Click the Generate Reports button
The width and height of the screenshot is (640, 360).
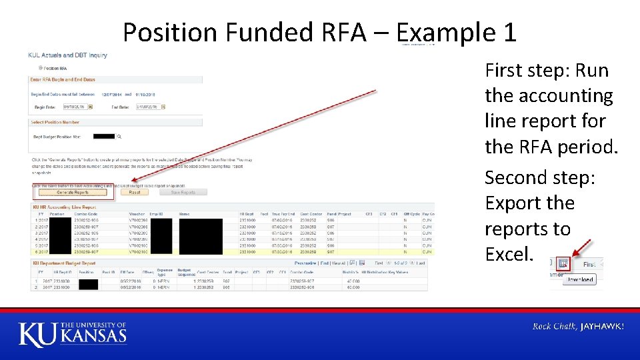[x=72, y=192]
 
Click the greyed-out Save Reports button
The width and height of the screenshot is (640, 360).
[x=183, y=192]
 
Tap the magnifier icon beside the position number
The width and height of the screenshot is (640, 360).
[x=119, y=137]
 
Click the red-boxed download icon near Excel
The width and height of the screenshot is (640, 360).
[x=563, y=264]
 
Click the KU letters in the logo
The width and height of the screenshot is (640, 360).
[x=38, y=334]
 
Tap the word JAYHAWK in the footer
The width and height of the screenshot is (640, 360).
[x=602, y=326]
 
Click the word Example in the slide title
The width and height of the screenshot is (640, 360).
[x=443, y=32]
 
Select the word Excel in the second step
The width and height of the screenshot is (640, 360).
[x=509, y=253]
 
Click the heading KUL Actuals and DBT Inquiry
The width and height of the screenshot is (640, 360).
[x=67, y=55]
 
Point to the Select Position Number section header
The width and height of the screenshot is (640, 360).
[x=55, y=122]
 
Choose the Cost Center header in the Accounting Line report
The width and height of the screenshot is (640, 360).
[x=311, y=214]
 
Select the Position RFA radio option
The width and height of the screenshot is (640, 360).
[x=41, y=68]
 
